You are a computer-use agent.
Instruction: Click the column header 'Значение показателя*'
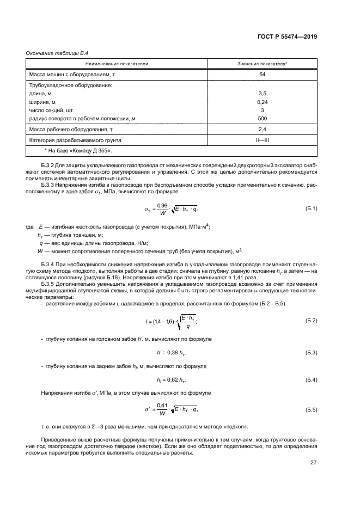pyautogui.click(x=262, y=64)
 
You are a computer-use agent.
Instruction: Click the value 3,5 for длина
pyautogui.click(x=262, y=94)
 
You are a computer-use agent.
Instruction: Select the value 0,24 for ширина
pyautogui.click(x=262, y=102)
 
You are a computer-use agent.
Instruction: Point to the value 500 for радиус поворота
pyautogui.click(x=262, y=118)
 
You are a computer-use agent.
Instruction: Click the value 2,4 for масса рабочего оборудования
pyautogui.click(x=262, y=130)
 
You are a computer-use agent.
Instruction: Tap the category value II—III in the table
pyautogui.click(x=262, y=140)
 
